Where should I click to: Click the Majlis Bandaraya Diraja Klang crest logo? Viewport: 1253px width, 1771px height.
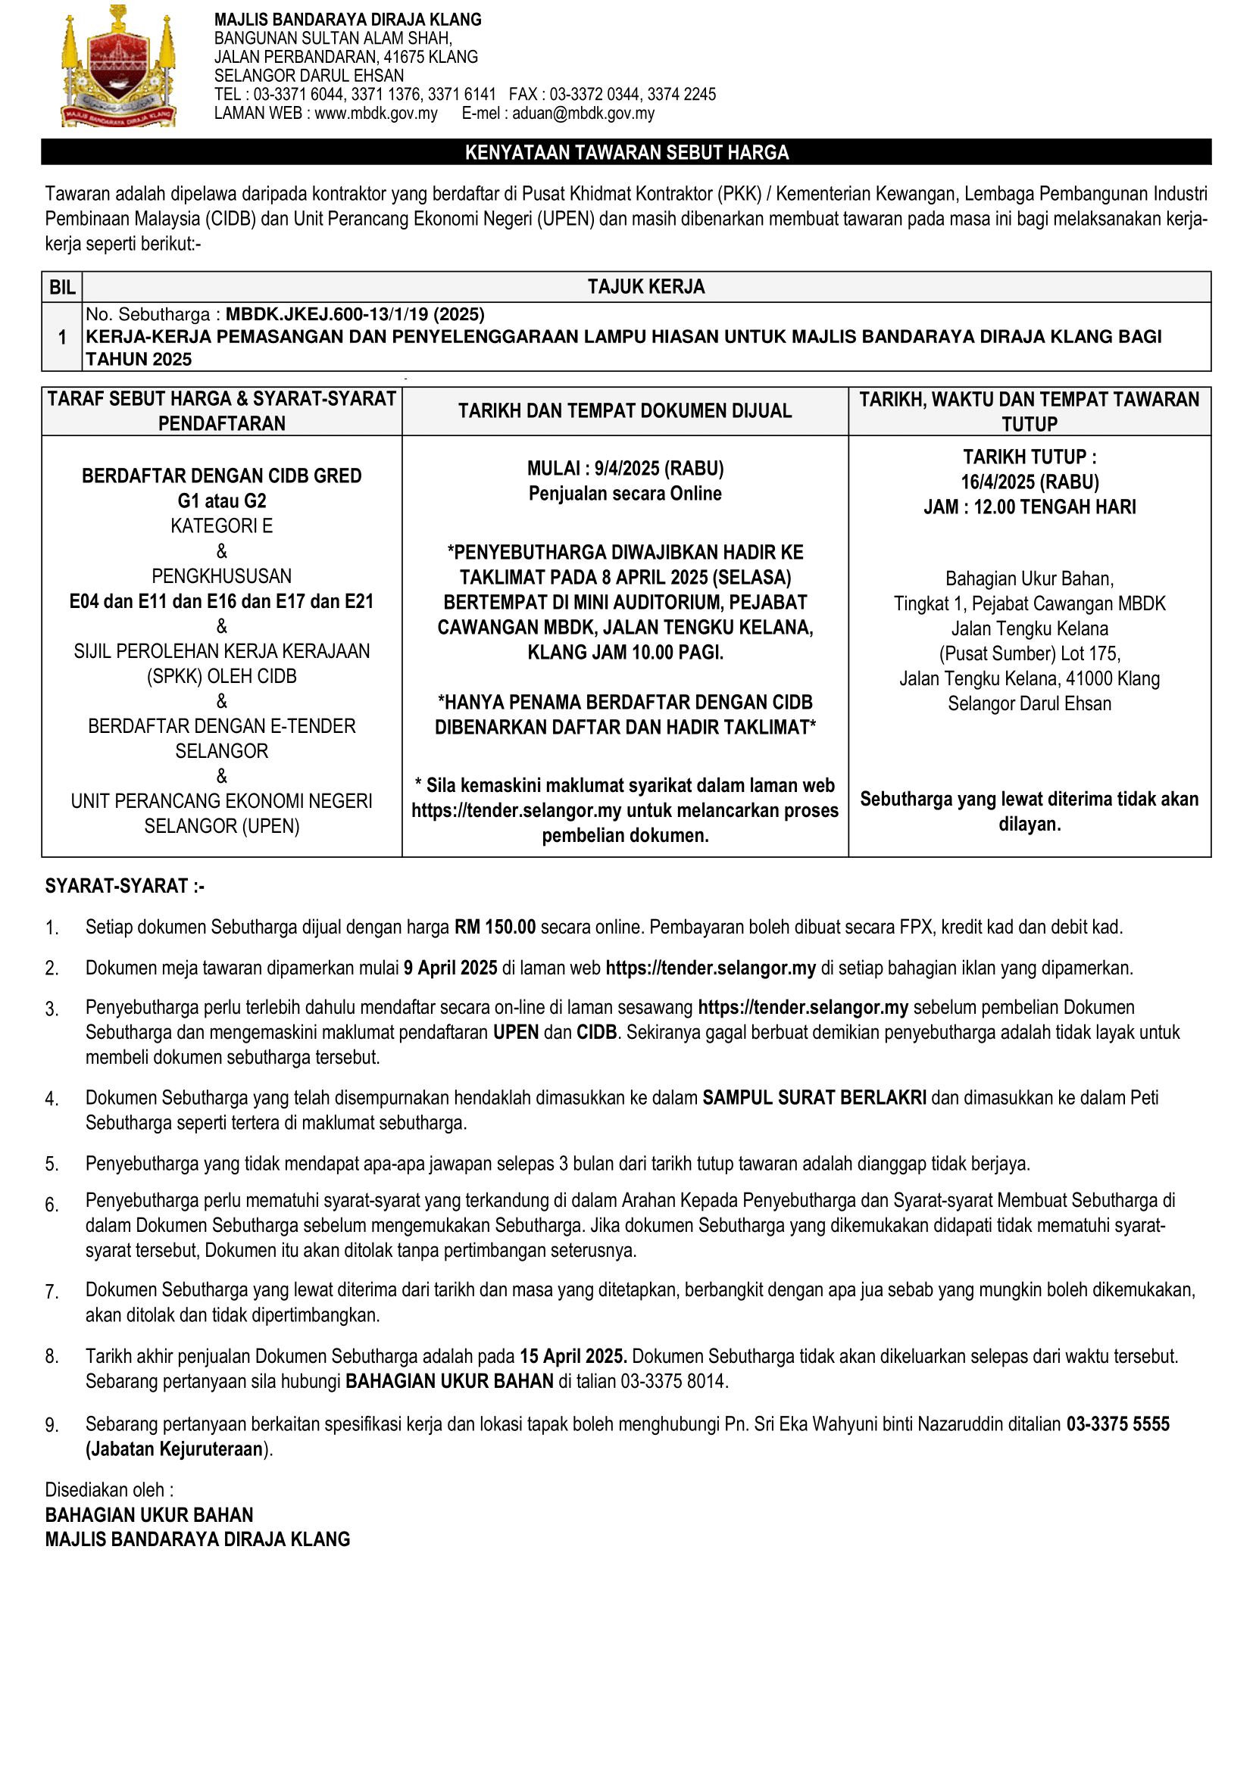(x=118, y=68)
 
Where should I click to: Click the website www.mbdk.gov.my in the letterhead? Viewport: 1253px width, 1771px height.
(x=376, y=114)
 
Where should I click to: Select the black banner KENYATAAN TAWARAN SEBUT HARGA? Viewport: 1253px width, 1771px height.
(x=626, y=152)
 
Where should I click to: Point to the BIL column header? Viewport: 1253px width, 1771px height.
(x=61, y=287)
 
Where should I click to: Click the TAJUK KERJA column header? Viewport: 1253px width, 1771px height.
(x=645, y=287)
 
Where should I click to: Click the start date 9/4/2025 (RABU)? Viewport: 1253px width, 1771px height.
(x=659, y=468)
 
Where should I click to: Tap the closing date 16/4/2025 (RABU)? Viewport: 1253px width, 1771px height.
(x=1030, y=482)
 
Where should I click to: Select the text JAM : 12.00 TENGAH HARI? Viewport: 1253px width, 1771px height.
(x=1030, y=507)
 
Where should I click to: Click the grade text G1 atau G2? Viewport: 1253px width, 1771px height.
(x=221, y=500)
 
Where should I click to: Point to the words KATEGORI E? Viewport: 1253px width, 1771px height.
(x=221, y=526)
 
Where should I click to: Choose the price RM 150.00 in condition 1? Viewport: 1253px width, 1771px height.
(x=495, y=928)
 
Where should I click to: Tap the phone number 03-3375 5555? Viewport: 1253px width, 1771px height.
(x=1118, y=1424)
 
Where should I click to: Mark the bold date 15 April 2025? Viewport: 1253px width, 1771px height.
(x=573, y=1356)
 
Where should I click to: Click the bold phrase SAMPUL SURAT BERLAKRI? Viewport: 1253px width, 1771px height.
(x=814, y=1098)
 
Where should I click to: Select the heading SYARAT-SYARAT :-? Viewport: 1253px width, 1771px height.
(x=124, y=886)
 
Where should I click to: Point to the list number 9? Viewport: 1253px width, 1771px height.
(x=52, y=1426)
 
